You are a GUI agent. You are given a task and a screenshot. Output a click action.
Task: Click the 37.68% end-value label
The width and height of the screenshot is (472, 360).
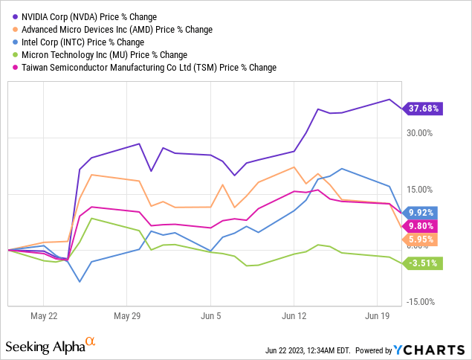click(424, 109)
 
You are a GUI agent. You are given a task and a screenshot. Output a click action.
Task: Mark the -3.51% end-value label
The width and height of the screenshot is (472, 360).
click(424, 262)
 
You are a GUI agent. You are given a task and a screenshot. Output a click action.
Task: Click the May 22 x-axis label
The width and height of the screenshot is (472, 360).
click(43, 315)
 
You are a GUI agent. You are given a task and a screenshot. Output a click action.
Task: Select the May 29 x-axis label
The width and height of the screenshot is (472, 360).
click(127, 315)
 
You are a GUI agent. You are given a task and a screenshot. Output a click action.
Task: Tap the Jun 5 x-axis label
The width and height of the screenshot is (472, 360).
click(211, 315)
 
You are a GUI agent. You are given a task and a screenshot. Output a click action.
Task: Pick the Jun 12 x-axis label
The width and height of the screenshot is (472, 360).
click(294, 315)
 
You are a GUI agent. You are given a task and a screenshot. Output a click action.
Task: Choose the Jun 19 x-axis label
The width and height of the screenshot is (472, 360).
click(378, 315)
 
